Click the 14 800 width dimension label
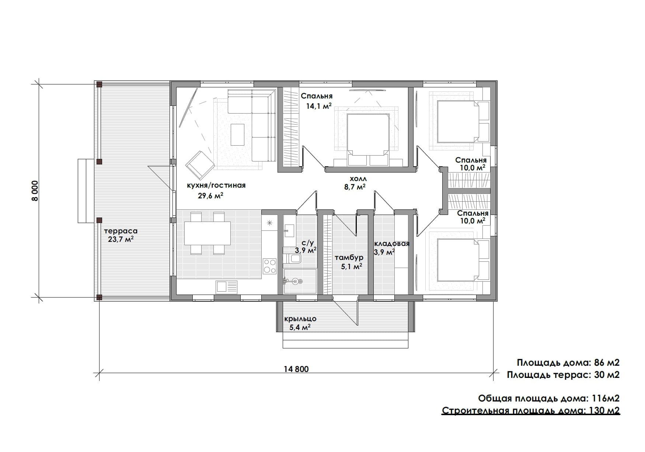pyautogui.click(x=296, y=369)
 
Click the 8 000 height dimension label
pyautogui.click(x=35, y=191)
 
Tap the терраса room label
pyautogui.click(x=121, y=231)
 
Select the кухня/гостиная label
pyautogui.click(x=216, y=185)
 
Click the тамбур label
pyautogui.click(x=349, y=257)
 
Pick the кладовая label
pyautogui.click(x=392, y=244)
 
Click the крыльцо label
pyautogui.click(x=300, y=319)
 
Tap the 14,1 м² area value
pyautogui.click(x=319, y=106)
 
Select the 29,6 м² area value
pyautogui.click(x=211, y=195)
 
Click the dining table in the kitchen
pyautogui.click(x=208, y=233)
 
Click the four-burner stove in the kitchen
pyautogui.click(x=269, y=266)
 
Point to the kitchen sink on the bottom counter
pyautogui.click(x=226, y=286)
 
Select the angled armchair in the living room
pyautogui.click(x=200, y=165)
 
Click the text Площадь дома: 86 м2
pyautogui.click(x=568, y=363)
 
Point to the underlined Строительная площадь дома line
pyautogui.click(x=531, y=411)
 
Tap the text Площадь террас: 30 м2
pyautogui.click(x=563, y=375)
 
